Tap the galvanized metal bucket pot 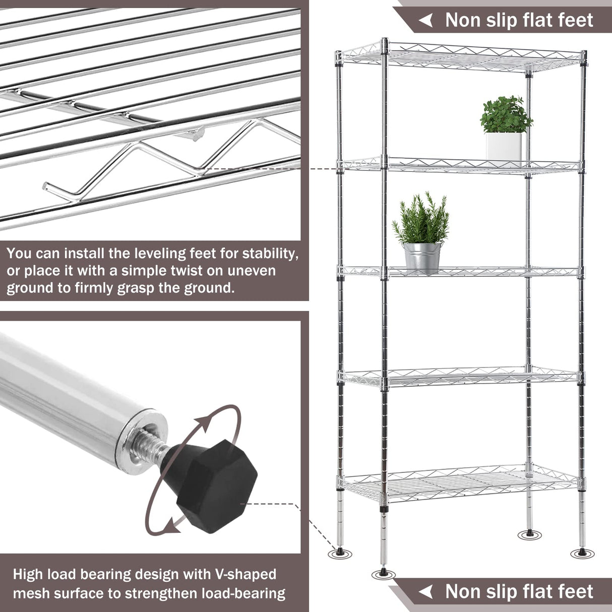422,258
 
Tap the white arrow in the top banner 426,20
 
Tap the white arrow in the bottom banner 426,592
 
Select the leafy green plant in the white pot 505,114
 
